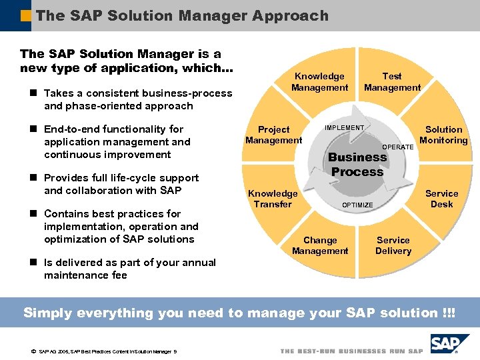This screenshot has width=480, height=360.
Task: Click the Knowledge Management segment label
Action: tap(319, 82)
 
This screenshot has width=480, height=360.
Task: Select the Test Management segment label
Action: tap(392, 82)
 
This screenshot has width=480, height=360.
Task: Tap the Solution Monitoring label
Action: tap(443, 135)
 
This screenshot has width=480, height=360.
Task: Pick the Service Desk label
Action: tap(441, 199)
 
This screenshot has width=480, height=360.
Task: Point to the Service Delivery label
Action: tap(393, 245)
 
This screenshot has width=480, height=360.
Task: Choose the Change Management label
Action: tap(320, 245)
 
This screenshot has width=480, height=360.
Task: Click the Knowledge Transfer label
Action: tap(273, 199)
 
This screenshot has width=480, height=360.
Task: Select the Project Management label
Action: tap(273, 135)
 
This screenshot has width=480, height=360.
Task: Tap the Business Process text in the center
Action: tap(357, 165)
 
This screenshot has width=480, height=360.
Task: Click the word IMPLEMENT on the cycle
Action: tap(344, 128)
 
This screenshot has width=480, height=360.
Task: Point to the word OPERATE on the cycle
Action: tap(398, 147)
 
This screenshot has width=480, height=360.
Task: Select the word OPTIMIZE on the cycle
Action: tap(357, 205)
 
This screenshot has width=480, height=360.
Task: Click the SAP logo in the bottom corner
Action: tap(449, 344)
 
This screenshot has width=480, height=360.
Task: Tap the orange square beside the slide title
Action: tap(26, 15)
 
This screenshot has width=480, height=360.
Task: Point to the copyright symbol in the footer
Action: tap(32, 351)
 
